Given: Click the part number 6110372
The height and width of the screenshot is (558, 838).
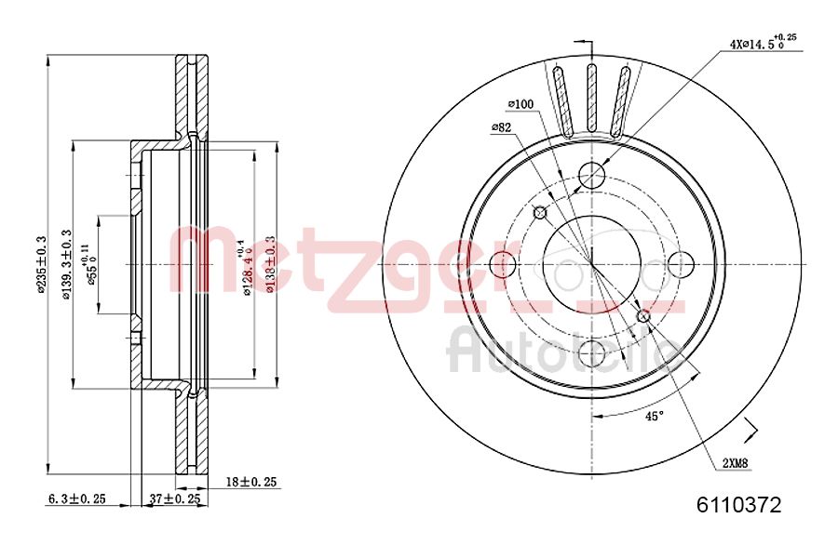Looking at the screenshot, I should click(738, 506).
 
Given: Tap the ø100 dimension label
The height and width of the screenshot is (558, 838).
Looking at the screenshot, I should click(520, 104).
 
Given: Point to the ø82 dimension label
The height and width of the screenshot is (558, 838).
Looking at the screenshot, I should click(503, 127).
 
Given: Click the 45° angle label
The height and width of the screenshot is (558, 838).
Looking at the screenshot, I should click(655, 416).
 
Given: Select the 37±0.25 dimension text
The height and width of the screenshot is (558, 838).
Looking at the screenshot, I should click(175, 498).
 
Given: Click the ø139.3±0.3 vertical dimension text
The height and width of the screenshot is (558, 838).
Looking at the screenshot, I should click(66, 264).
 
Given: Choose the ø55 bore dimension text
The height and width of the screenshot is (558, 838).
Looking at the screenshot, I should click(93, 264).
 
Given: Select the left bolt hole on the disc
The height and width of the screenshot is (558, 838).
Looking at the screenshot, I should click(502, 263).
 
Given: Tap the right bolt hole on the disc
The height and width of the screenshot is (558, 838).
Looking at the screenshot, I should click(681, 263).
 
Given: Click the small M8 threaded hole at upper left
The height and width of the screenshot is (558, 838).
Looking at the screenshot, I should click(539, 213).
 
